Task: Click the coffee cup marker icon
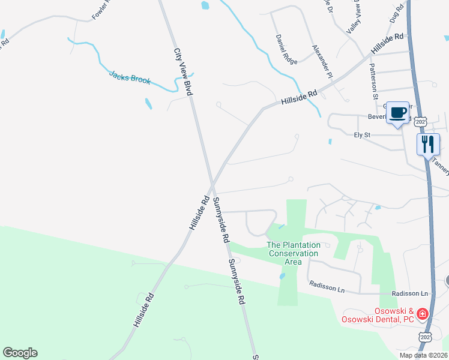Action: [398, 112]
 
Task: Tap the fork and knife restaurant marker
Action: [429, 144]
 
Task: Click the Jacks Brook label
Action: [130, 78]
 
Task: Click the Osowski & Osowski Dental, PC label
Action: [379, 315]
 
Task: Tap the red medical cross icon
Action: [423, 314]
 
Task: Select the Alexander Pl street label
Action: [322, 61]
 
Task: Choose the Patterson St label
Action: [373, 81]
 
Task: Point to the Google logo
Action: [20, 353]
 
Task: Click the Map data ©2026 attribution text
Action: [423, 355]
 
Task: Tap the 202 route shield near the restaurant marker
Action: [421, 122]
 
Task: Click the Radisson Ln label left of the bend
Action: [327, 286]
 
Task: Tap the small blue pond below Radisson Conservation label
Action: [282, 276]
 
